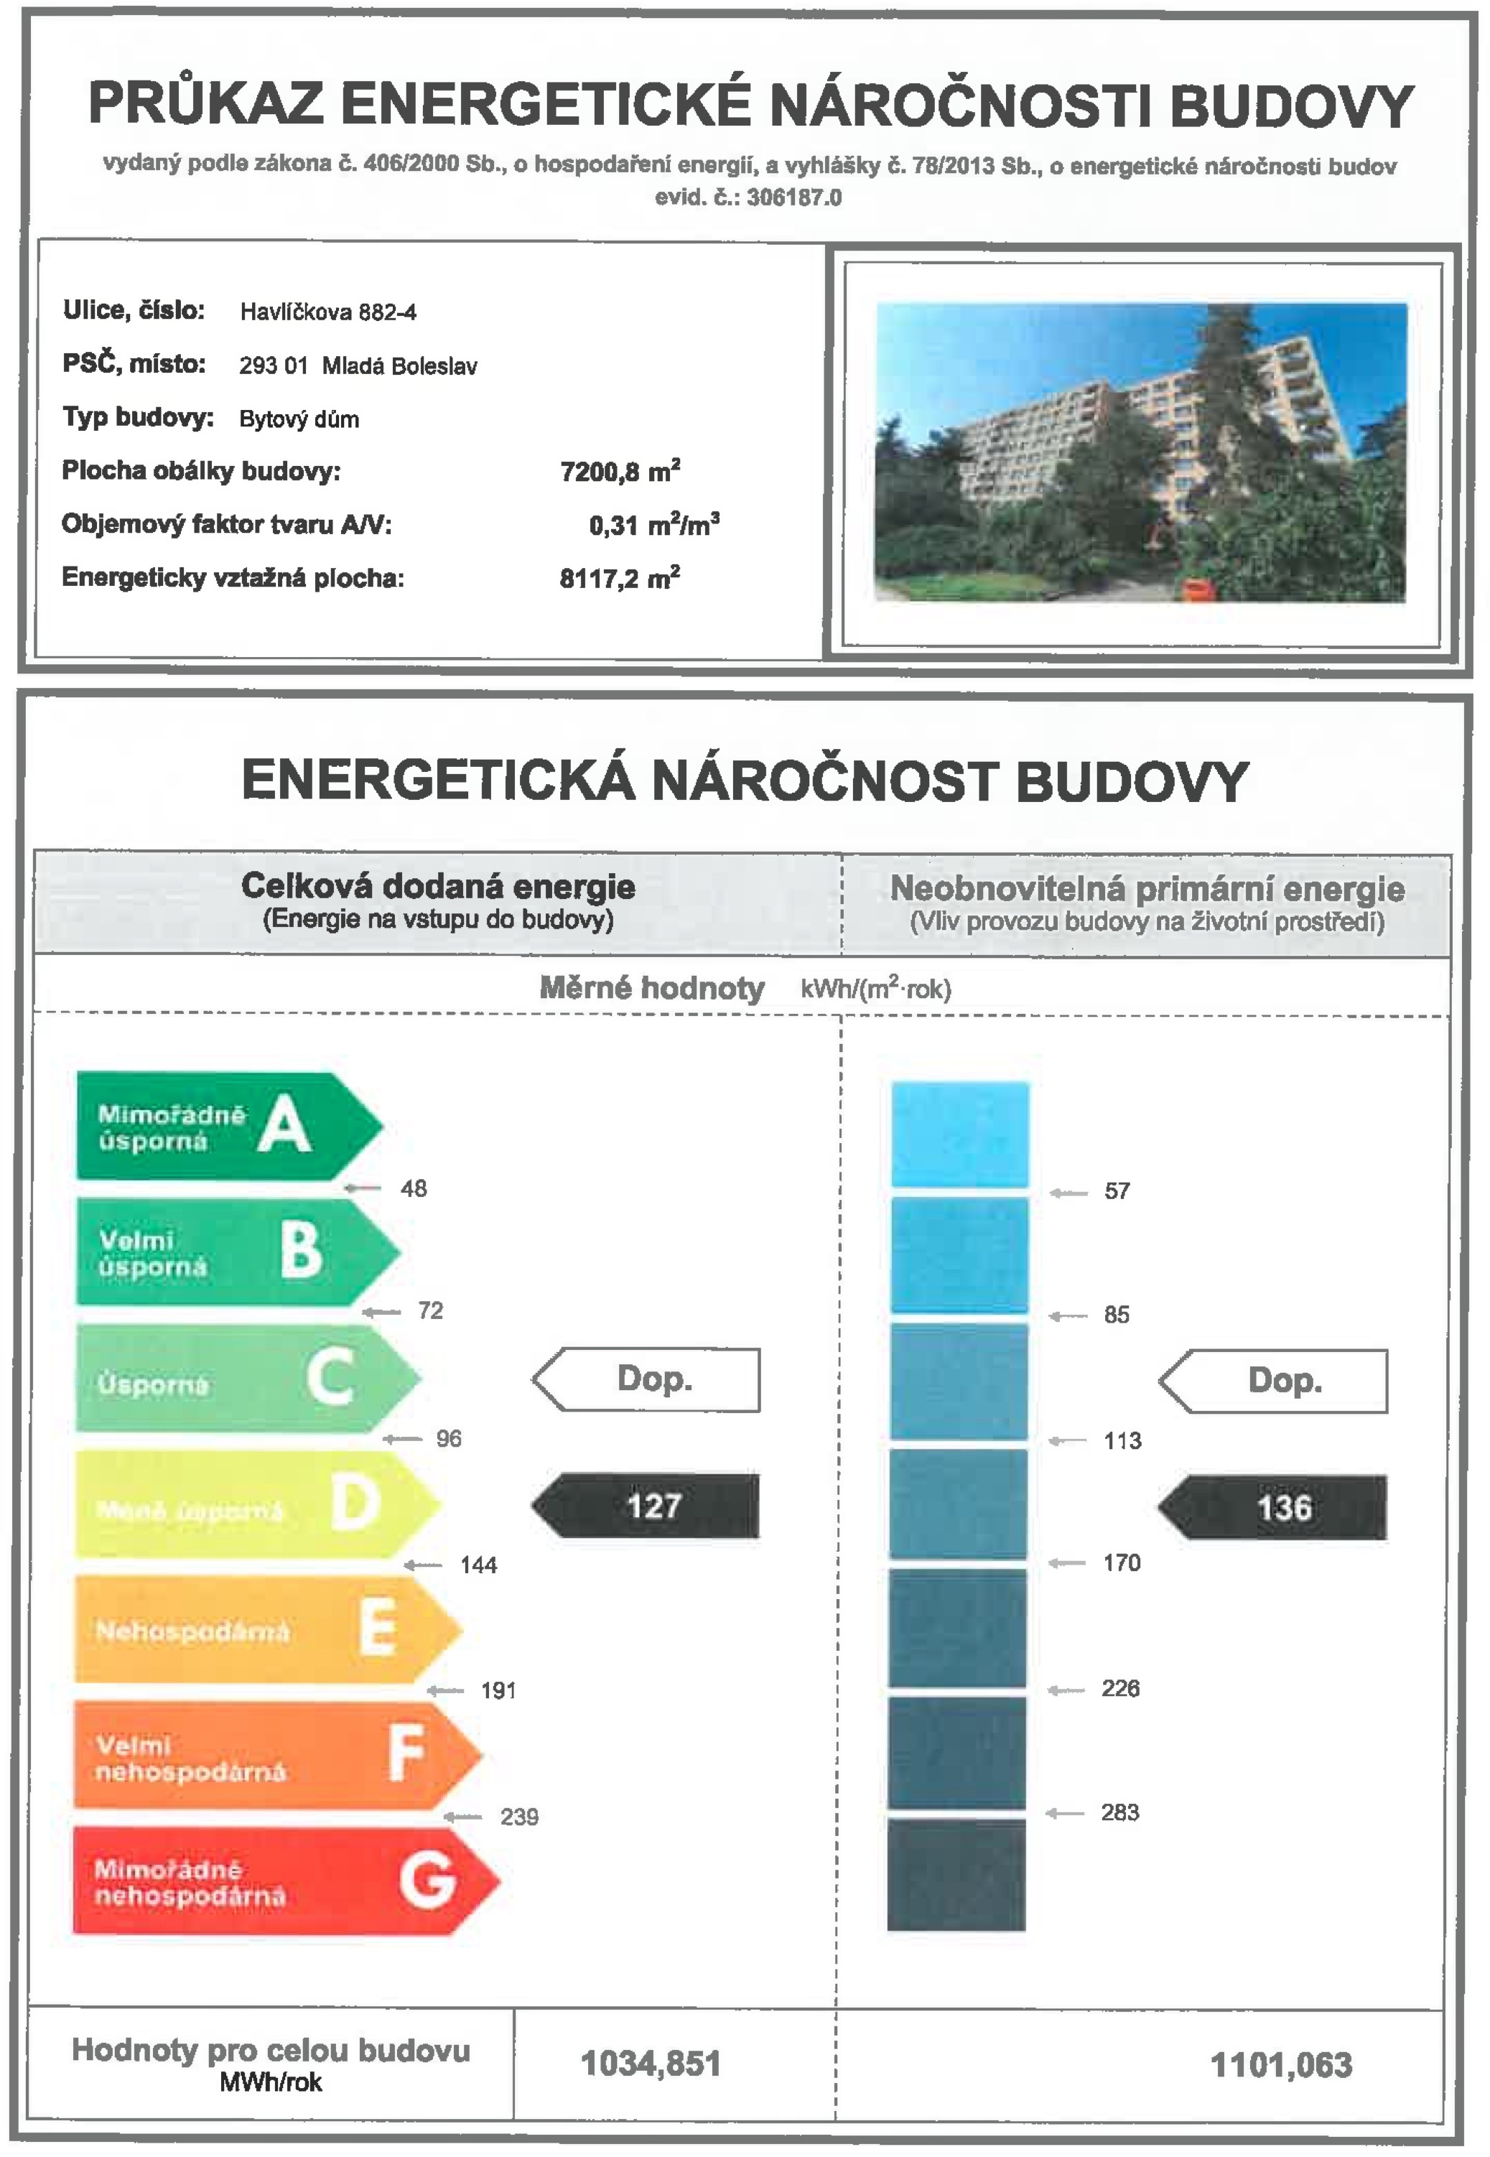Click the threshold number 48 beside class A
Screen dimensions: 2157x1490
click(x=414, y=1188)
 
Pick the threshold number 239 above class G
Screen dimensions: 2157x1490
click(x=519, y=1817)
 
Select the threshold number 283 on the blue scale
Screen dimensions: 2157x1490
click(x=1119, y=1812)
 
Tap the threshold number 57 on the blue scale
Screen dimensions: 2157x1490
click(x=1117, y=1191)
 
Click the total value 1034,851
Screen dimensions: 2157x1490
click(x=651, y=2064)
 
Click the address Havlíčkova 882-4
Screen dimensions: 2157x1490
click(x=327, y=312)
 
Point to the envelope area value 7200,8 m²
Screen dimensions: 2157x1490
click(x=620, y=470)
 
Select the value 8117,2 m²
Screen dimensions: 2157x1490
click(x=620, y=578)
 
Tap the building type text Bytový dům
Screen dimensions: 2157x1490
click(x=299, y=419)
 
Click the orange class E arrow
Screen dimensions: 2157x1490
click(x=266, y=1630)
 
